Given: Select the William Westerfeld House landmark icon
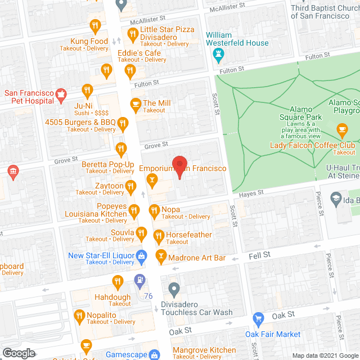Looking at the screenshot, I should point(219,55).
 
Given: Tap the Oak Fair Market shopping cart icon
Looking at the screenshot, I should point(258,319).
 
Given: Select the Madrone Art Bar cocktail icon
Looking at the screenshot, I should point(161,256).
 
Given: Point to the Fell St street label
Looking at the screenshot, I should point(259,255).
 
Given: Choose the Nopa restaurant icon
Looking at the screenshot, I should point(154,211).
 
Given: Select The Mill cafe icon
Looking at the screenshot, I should point(135,103).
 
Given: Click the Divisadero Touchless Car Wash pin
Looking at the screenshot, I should point(174,290).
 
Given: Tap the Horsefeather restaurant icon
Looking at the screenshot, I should point(159,236).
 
